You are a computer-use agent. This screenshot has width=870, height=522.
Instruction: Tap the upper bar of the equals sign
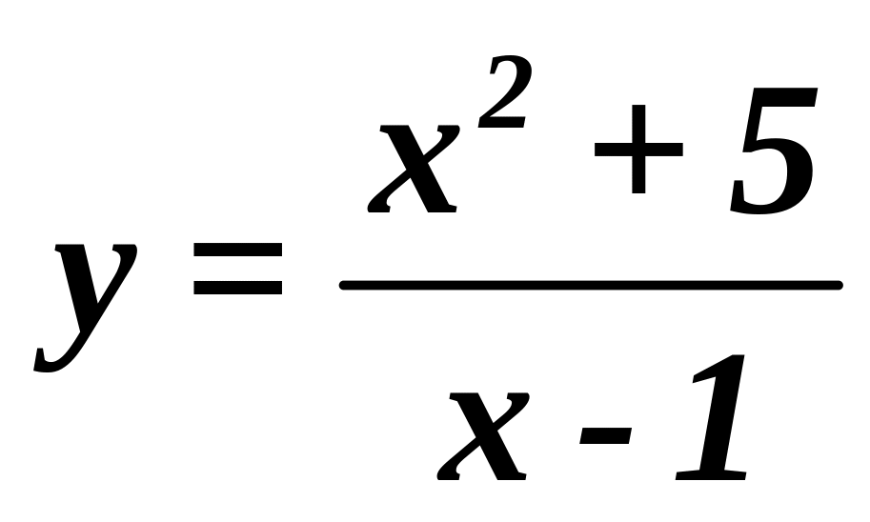[238, 251]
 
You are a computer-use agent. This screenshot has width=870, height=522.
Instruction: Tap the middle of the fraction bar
[591, 285]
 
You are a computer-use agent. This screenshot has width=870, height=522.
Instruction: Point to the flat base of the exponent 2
[502, 124]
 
